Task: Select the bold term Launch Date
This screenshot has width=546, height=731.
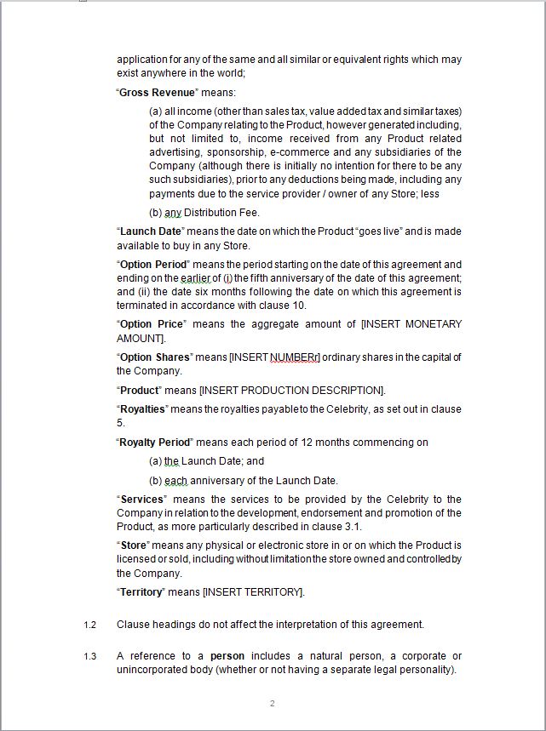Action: tap(151, 231)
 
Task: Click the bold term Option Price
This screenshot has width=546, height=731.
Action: tap(151, 324)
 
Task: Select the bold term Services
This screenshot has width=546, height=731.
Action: tap(142, 500)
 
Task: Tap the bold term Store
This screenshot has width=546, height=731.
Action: tap(135, 545)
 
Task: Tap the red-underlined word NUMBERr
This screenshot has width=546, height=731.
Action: tap(295, 357)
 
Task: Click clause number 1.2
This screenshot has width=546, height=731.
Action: tap(90, 625)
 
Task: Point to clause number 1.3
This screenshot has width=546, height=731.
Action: tap(90, 656)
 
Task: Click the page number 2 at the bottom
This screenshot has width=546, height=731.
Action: tap(273, 704)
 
